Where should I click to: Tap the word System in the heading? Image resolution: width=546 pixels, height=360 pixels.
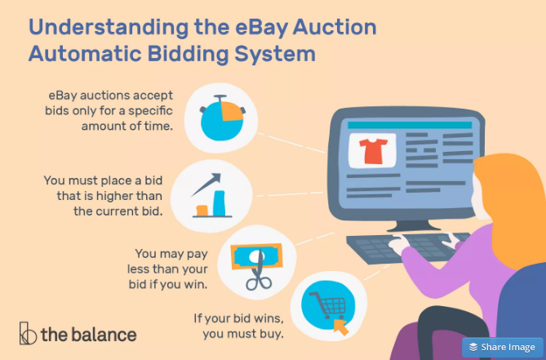[275, 54]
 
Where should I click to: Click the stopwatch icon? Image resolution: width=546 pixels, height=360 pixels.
[222, 118]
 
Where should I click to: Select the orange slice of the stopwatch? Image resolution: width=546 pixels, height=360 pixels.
[231, 111]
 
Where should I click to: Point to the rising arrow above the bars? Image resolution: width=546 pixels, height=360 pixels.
[206, 184]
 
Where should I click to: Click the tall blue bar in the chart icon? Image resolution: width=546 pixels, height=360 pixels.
[219, 203]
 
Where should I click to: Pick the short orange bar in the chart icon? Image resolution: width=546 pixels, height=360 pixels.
[202, 211]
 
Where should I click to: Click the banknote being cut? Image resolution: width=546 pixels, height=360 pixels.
[256, 256]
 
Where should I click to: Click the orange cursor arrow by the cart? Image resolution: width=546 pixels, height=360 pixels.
[341, 327]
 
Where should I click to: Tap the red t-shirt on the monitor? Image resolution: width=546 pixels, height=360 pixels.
[373, 151]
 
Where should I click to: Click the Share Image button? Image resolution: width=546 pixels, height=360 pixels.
[502, 347]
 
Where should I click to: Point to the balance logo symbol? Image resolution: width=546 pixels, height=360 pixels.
[28, 333]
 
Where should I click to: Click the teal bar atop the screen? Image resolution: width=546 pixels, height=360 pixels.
[410, 126]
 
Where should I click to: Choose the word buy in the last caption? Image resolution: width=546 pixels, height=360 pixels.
[272, 334]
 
